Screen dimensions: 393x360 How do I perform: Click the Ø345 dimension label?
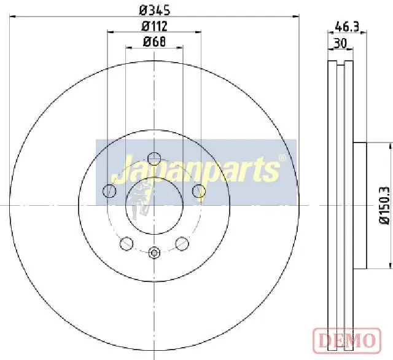155,10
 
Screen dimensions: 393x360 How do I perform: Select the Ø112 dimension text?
154,26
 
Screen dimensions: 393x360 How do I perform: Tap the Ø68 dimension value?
154,41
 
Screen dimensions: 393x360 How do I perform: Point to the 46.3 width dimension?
347,26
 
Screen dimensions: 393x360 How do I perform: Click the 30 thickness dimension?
340,43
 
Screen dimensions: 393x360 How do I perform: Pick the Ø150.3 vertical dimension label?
384,205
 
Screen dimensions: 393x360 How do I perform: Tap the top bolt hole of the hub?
154,158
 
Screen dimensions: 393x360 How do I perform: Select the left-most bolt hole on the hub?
109,191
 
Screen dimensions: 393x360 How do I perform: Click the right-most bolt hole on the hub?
199,191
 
